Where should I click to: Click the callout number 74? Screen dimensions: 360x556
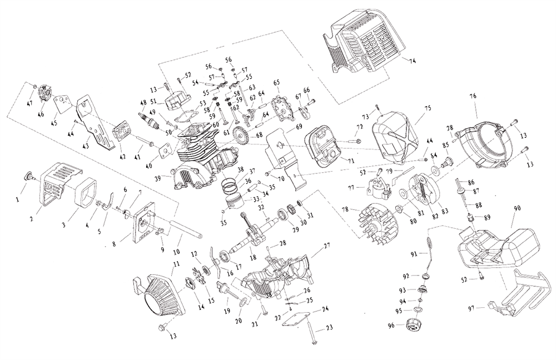coord(412,59)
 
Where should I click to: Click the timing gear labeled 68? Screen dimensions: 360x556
coord(244,135)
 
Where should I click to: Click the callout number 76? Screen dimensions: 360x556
coord(473,96)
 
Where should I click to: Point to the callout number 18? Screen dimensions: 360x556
coord(253,258)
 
